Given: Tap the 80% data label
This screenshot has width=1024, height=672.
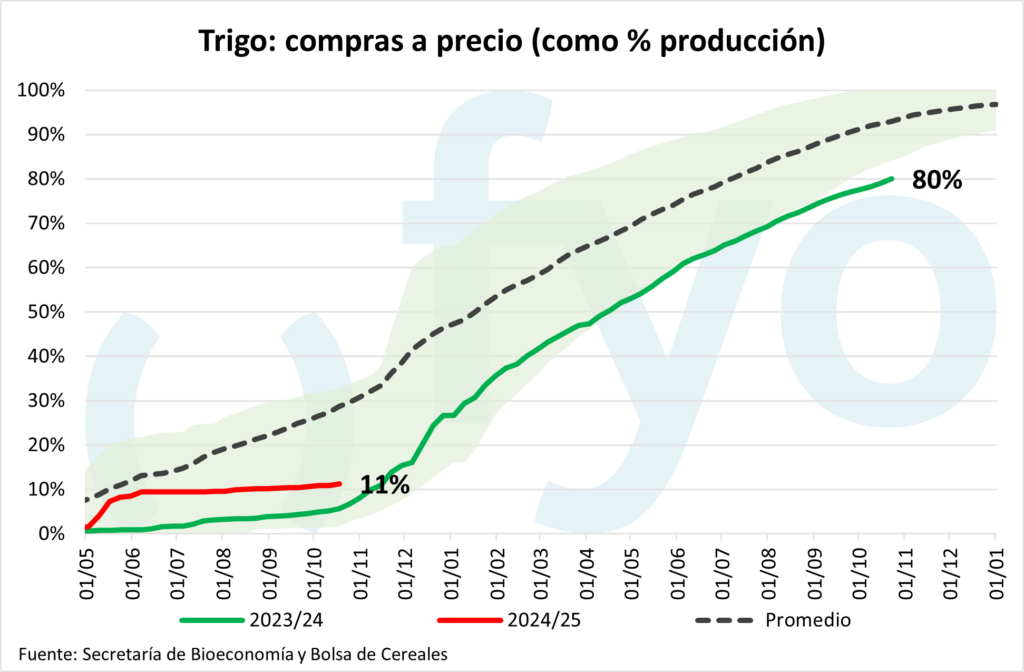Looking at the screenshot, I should (x=936, y=181).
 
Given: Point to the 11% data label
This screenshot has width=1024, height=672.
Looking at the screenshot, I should (x=385, y=486).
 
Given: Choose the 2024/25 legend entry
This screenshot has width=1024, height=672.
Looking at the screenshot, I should (x=544, y=620).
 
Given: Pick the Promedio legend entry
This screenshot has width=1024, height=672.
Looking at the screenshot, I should (x=807, y=620).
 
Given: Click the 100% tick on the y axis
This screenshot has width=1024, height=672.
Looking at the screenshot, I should (x=42, y=91).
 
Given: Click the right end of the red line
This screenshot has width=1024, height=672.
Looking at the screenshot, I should (x=340, y=484).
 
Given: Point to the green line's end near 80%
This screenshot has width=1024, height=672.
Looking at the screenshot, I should (x=891, y=180).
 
